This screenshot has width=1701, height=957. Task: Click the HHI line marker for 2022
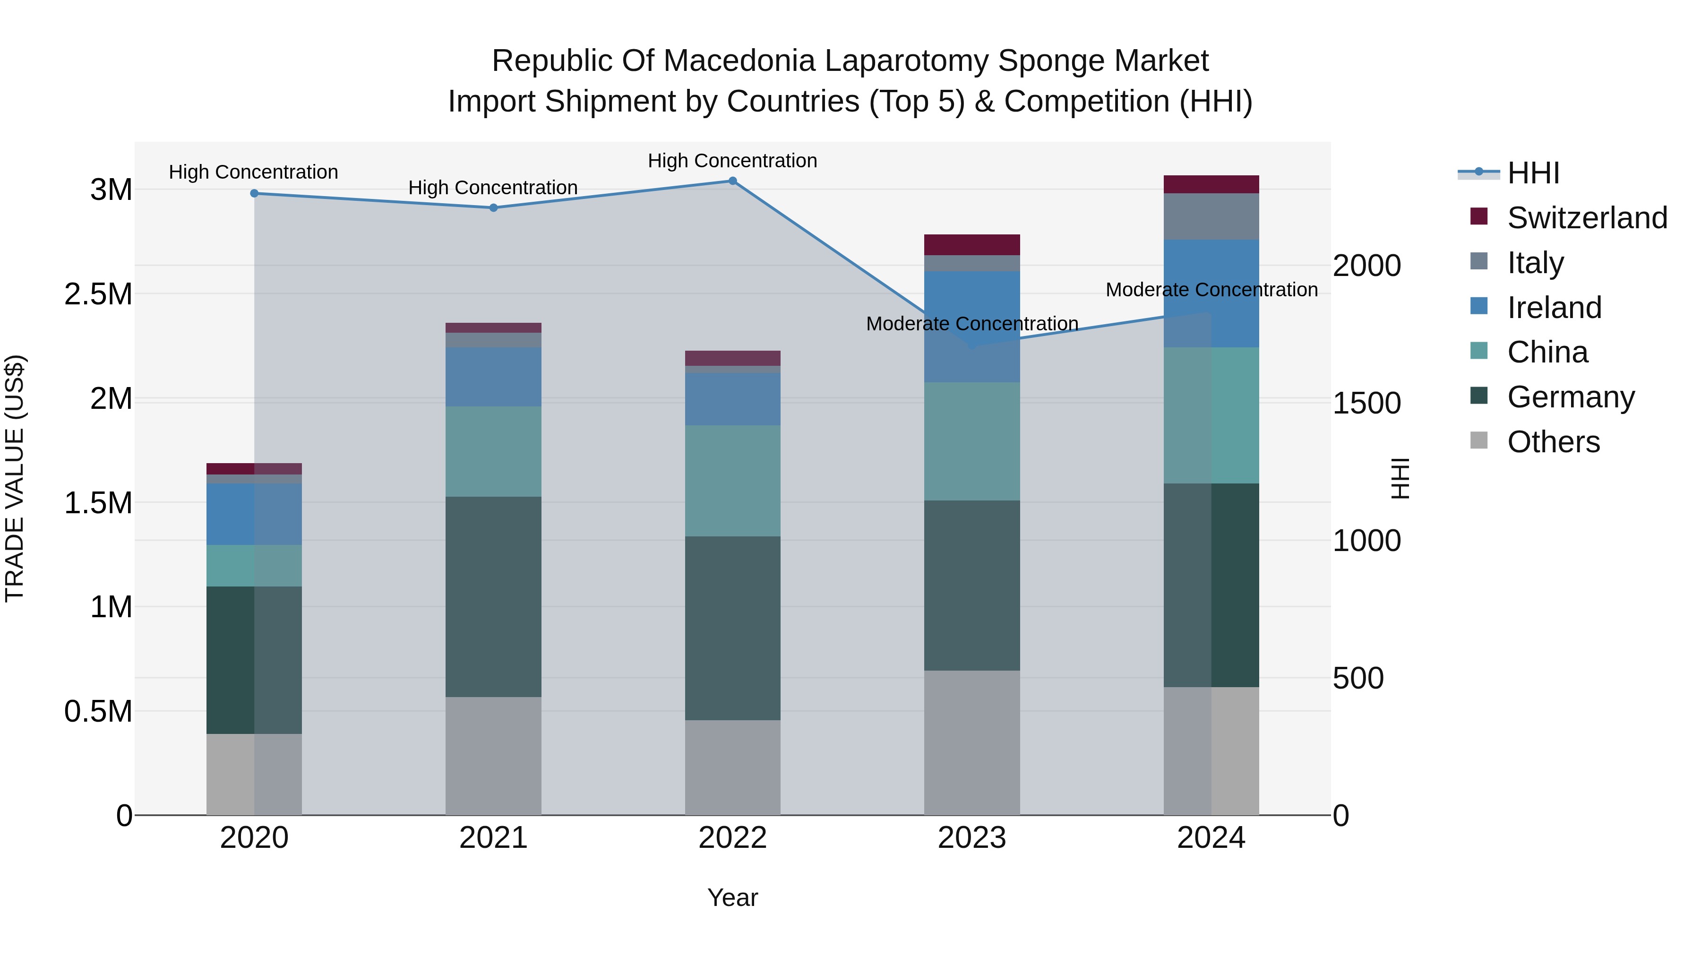[732, 181]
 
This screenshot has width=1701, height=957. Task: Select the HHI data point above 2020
[254, 193]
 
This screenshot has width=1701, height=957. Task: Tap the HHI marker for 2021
[493, 207]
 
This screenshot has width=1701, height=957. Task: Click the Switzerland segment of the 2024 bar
[1211, 184]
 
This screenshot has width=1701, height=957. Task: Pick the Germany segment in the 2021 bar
[493, 596]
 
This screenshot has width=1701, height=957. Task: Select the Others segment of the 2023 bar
[971, 742]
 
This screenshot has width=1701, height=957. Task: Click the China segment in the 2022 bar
[732, 480]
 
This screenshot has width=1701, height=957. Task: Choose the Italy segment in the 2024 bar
[1211, 216]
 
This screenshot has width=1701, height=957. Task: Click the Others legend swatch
[1479, 440]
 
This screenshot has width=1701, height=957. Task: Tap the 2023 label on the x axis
[971, 838]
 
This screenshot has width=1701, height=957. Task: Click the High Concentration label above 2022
[732, 161]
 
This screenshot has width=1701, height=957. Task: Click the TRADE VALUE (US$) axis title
[15, 478]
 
